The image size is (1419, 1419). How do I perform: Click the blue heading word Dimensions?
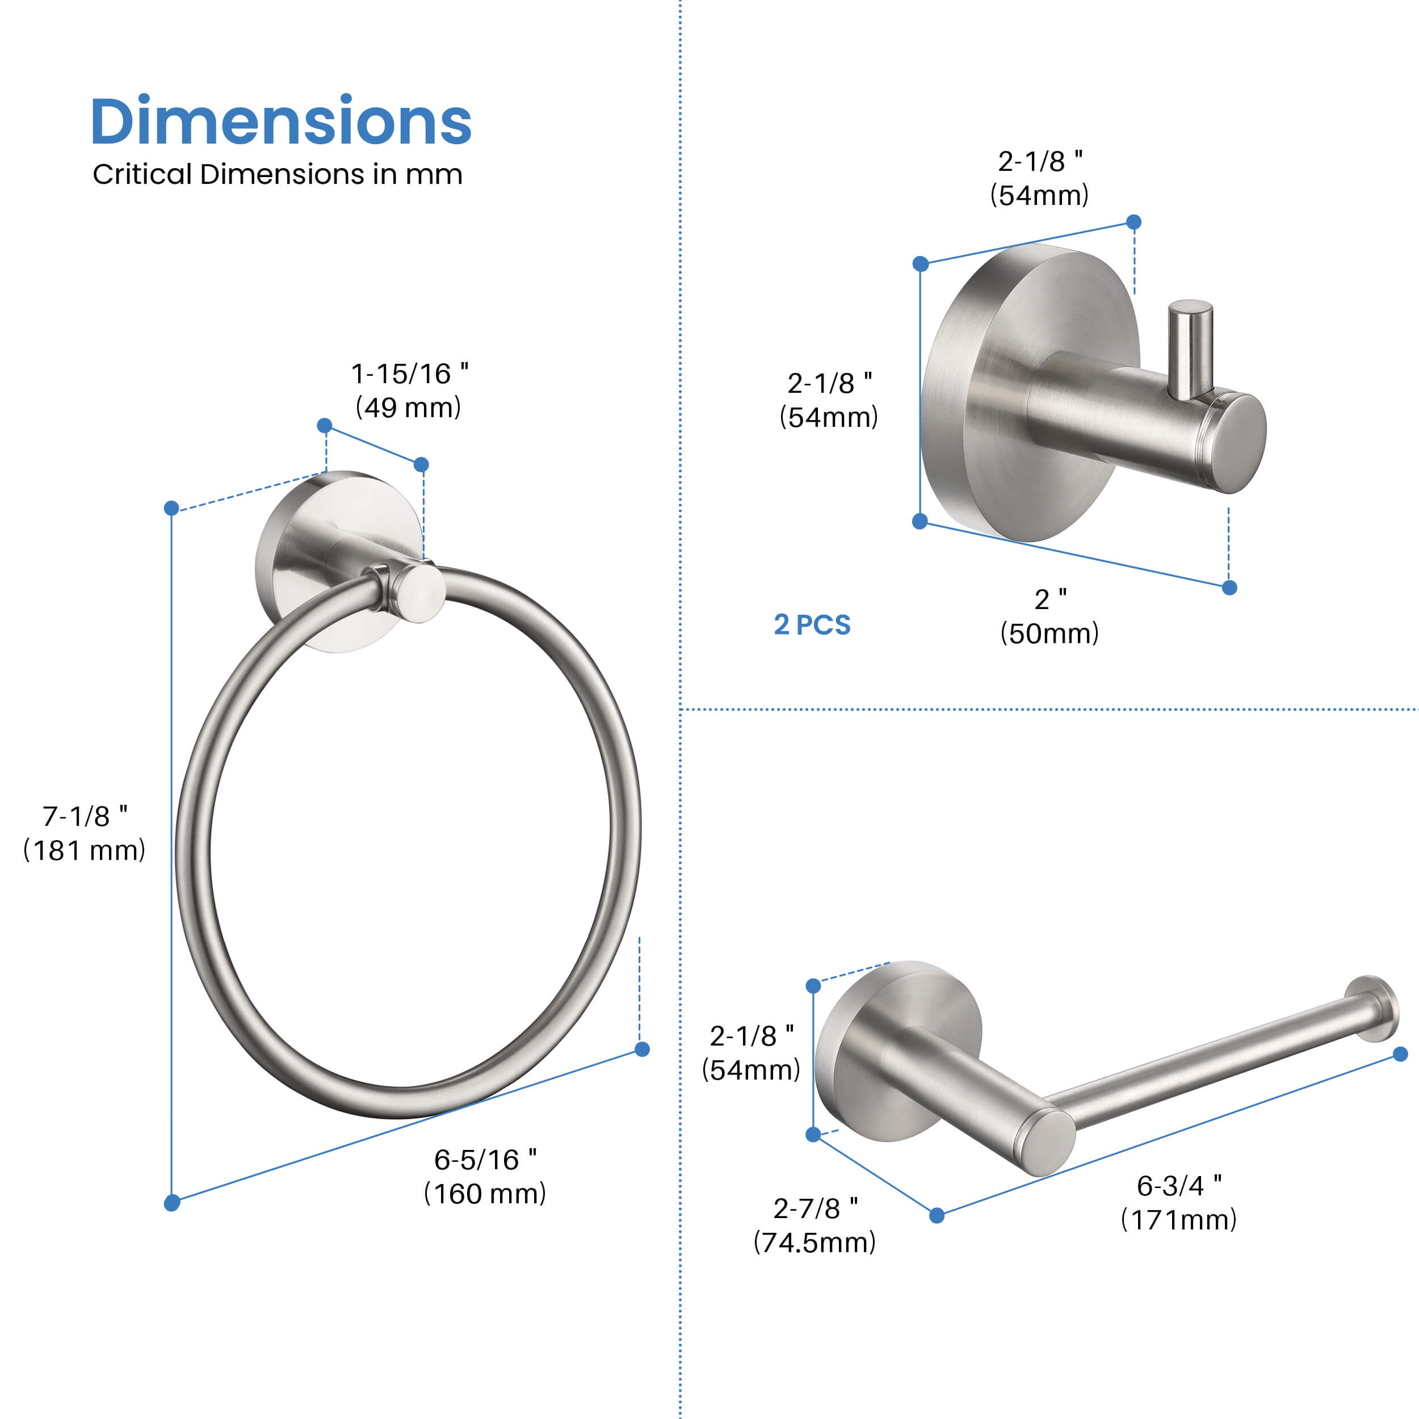[280, 121]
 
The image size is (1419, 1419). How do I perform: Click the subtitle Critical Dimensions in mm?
[277, 175]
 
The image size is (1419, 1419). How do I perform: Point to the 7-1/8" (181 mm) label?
[85, 833]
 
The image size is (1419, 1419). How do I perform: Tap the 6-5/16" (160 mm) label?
[485, 1177]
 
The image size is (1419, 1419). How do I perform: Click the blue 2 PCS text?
[812, 625]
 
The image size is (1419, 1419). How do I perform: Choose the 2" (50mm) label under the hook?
[1049, 617]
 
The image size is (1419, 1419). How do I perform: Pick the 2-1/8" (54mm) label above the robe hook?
[1039, 178]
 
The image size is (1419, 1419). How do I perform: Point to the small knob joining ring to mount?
[417, 593]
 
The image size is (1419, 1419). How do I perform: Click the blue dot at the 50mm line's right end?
[1229, 587]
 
